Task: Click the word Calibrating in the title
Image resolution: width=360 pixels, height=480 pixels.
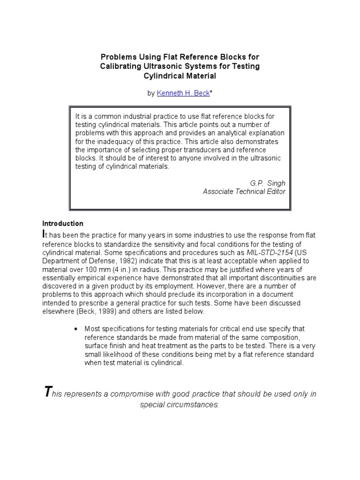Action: (121, 67)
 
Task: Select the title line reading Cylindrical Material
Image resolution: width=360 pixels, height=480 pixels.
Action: (180, 76)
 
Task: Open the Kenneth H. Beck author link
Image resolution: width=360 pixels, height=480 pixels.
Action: (183, 93)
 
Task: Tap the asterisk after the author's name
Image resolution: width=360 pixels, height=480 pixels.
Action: (211, 93)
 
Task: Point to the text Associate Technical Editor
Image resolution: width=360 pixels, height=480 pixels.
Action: (244, 191)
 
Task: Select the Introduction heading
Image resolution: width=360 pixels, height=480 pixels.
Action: (63, 223)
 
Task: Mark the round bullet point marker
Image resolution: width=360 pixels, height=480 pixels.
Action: (75, 329)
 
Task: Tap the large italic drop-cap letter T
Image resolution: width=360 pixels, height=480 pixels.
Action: (47, 392)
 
